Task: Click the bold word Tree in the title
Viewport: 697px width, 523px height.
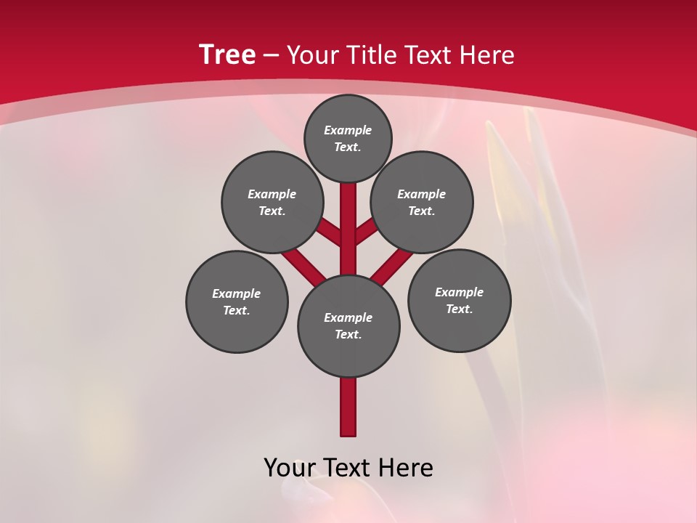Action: coord(227,54)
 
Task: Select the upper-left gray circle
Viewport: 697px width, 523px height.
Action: coord(272,174)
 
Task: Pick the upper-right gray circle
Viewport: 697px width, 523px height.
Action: coord(422,174)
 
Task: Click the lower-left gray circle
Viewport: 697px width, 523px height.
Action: coord(237,327)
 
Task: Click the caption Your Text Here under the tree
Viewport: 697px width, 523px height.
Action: coord(348,468)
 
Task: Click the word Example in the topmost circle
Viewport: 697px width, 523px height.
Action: coord(348,130)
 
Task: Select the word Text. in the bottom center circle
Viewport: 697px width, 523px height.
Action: coord(348,334)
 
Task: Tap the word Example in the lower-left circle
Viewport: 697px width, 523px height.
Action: coord(236,293)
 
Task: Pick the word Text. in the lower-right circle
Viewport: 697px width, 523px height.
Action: coord(460,309)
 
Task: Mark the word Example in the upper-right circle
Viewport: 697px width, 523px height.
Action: coord(421,194)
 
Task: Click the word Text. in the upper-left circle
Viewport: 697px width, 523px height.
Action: coord(272,211)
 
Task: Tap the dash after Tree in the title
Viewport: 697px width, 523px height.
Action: coord(271,56)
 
